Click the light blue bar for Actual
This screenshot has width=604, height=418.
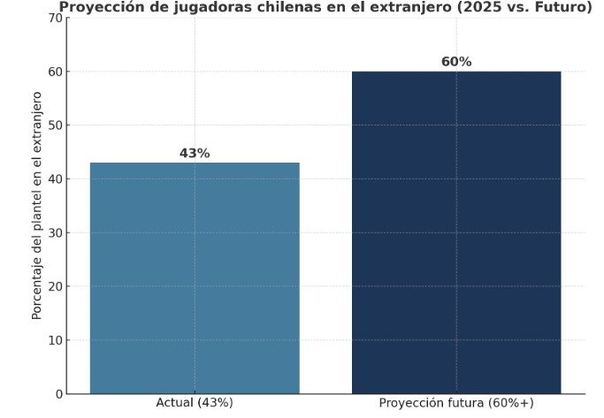click(x=195, y=277)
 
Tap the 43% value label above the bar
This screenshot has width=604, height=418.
click(x=195, y=153)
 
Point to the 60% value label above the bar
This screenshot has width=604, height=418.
click(x=456, y=62)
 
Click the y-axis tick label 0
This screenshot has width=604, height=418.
click(x=58, y=394)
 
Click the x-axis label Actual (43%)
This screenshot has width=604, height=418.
click(x=195, y=403)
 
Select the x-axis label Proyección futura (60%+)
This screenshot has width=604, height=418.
click(x=456, y=403)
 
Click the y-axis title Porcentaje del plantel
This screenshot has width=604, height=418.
click(x=37, y=205)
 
